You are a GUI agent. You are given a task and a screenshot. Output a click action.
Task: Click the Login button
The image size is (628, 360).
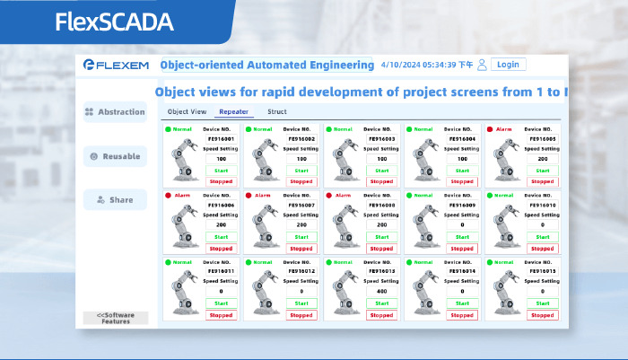508,65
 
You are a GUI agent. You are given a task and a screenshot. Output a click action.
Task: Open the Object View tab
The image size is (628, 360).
187,112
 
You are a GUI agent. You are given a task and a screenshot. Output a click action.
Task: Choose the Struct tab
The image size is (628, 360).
277,112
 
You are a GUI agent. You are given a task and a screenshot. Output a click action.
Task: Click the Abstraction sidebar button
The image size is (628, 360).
115,112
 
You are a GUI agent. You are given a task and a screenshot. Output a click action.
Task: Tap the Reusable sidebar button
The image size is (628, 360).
115,156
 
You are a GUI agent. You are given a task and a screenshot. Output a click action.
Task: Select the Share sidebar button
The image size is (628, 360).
115,199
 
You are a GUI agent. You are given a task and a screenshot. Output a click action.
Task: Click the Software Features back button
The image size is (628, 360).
115,318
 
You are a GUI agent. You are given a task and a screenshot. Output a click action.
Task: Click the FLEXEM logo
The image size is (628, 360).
114,65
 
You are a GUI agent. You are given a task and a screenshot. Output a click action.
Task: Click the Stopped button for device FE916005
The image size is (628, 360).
541,181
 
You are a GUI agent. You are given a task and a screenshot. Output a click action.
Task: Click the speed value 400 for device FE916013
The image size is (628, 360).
381,292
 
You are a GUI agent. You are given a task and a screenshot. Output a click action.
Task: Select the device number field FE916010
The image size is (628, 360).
541,205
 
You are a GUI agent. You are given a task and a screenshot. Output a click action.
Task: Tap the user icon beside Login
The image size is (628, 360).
482,65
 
